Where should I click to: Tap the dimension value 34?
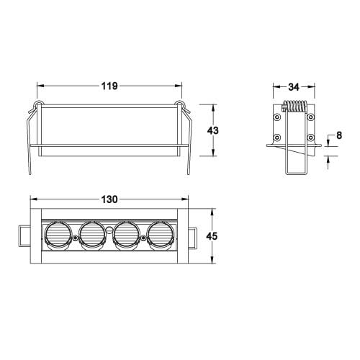[293, 87]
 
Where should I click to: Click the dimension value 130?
[109, 198]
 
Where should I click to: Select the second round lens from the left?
[92, 235]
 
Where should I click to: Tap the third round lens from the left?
[126, 235]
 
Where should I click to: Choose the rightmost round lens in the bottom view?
[160, 235]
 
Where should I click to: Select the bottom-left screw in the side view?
[277, 136]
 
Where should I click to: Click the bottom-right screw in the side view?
[310, 136]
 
